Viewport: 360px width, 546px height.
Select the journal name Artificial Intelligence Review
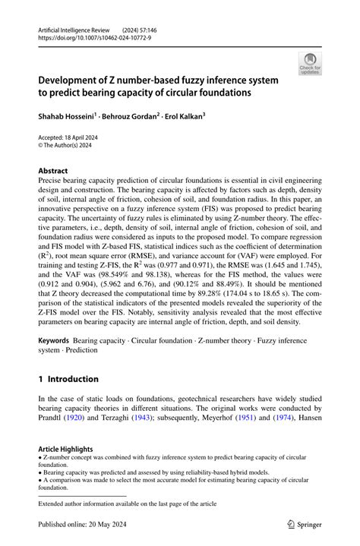pyautogui.click(x=75, y=27)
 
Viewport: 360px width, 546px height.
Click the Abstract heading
pyautogui.click(x=53, y=171)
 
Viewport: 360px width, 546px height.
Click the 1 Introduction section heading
pyautogui.click(x=68, y=379)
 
